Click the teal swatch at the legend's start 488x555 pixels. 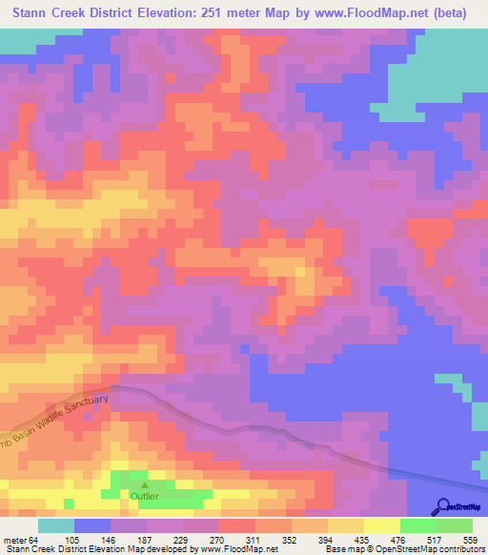click(x=56, y=526)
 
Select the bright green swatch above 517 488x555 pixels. click(x=418, y=526)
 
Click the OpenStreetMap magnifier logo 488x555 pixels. click(x=441, y=506)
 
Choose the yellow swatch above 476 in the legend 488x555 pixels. click(x=379, y=526)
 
